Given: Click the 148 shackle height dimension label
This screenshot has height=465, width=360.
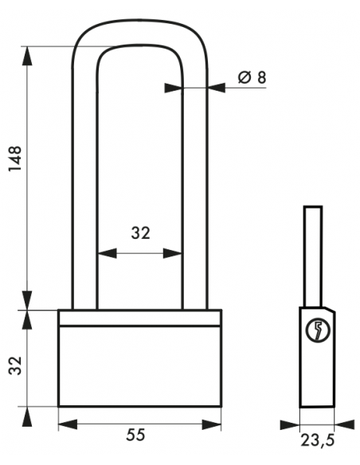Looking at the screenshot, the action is [15, 158].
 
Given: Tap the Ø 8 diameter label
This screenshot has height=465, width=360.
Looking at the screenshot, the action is [252, 77].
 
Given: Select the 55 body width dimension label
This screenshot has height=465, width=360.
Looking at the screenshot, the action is [136, 435].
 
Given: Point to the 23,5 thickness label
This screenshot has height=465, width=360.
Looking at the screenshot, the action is [318, 440].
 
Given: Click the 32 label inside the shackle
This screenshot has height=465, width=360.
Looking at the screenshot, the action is [140, 233].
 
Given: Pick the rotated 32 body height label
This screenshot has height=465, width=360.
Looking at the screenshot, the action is [15, 365].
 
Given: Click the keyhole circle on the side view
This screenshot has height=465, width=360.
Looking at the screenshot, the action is [318, 330].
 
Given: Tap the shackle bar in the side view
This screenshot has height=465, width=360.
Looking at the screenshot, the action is [313, 256].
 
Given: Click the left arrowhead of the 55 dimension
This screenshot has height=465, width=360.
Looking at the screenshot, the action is [68, 424].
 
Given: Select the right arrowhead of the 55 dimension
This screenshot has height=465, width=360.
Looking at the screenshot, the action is [211, 424].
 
